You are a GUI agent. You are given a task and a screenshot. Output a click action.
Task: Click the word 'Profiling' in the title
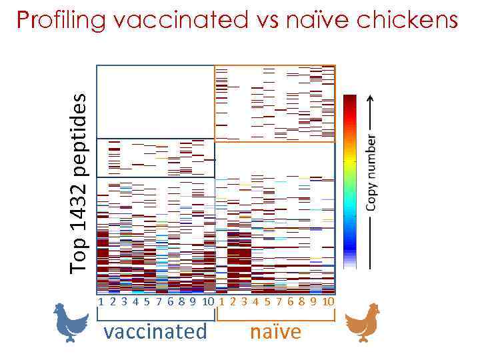[61, 21]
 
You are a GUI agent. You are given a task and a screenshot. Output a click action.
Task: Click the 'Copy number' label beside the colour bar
[372, 173]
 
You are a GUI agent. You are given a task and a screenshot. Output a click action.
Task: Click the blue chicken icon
[69, 323]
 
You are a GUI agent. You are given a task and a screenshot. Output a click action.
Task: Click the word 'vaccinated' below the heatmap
[155, 331]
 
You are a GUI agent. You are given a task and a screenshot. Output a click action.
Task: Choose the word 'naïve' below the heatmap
[275, 331]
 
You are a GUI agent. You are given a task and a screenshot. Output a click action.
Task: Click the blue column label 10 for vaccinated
[208, 301]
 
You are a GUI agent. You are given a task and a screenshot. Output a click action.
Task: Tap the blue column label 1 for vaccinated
[101, 301]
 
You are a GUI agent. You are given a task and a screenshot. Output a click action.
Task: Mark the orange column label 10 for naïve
[328, 301]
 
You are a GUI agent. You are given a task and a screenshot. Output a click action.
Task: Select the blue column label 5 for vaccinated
[146, 301]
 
